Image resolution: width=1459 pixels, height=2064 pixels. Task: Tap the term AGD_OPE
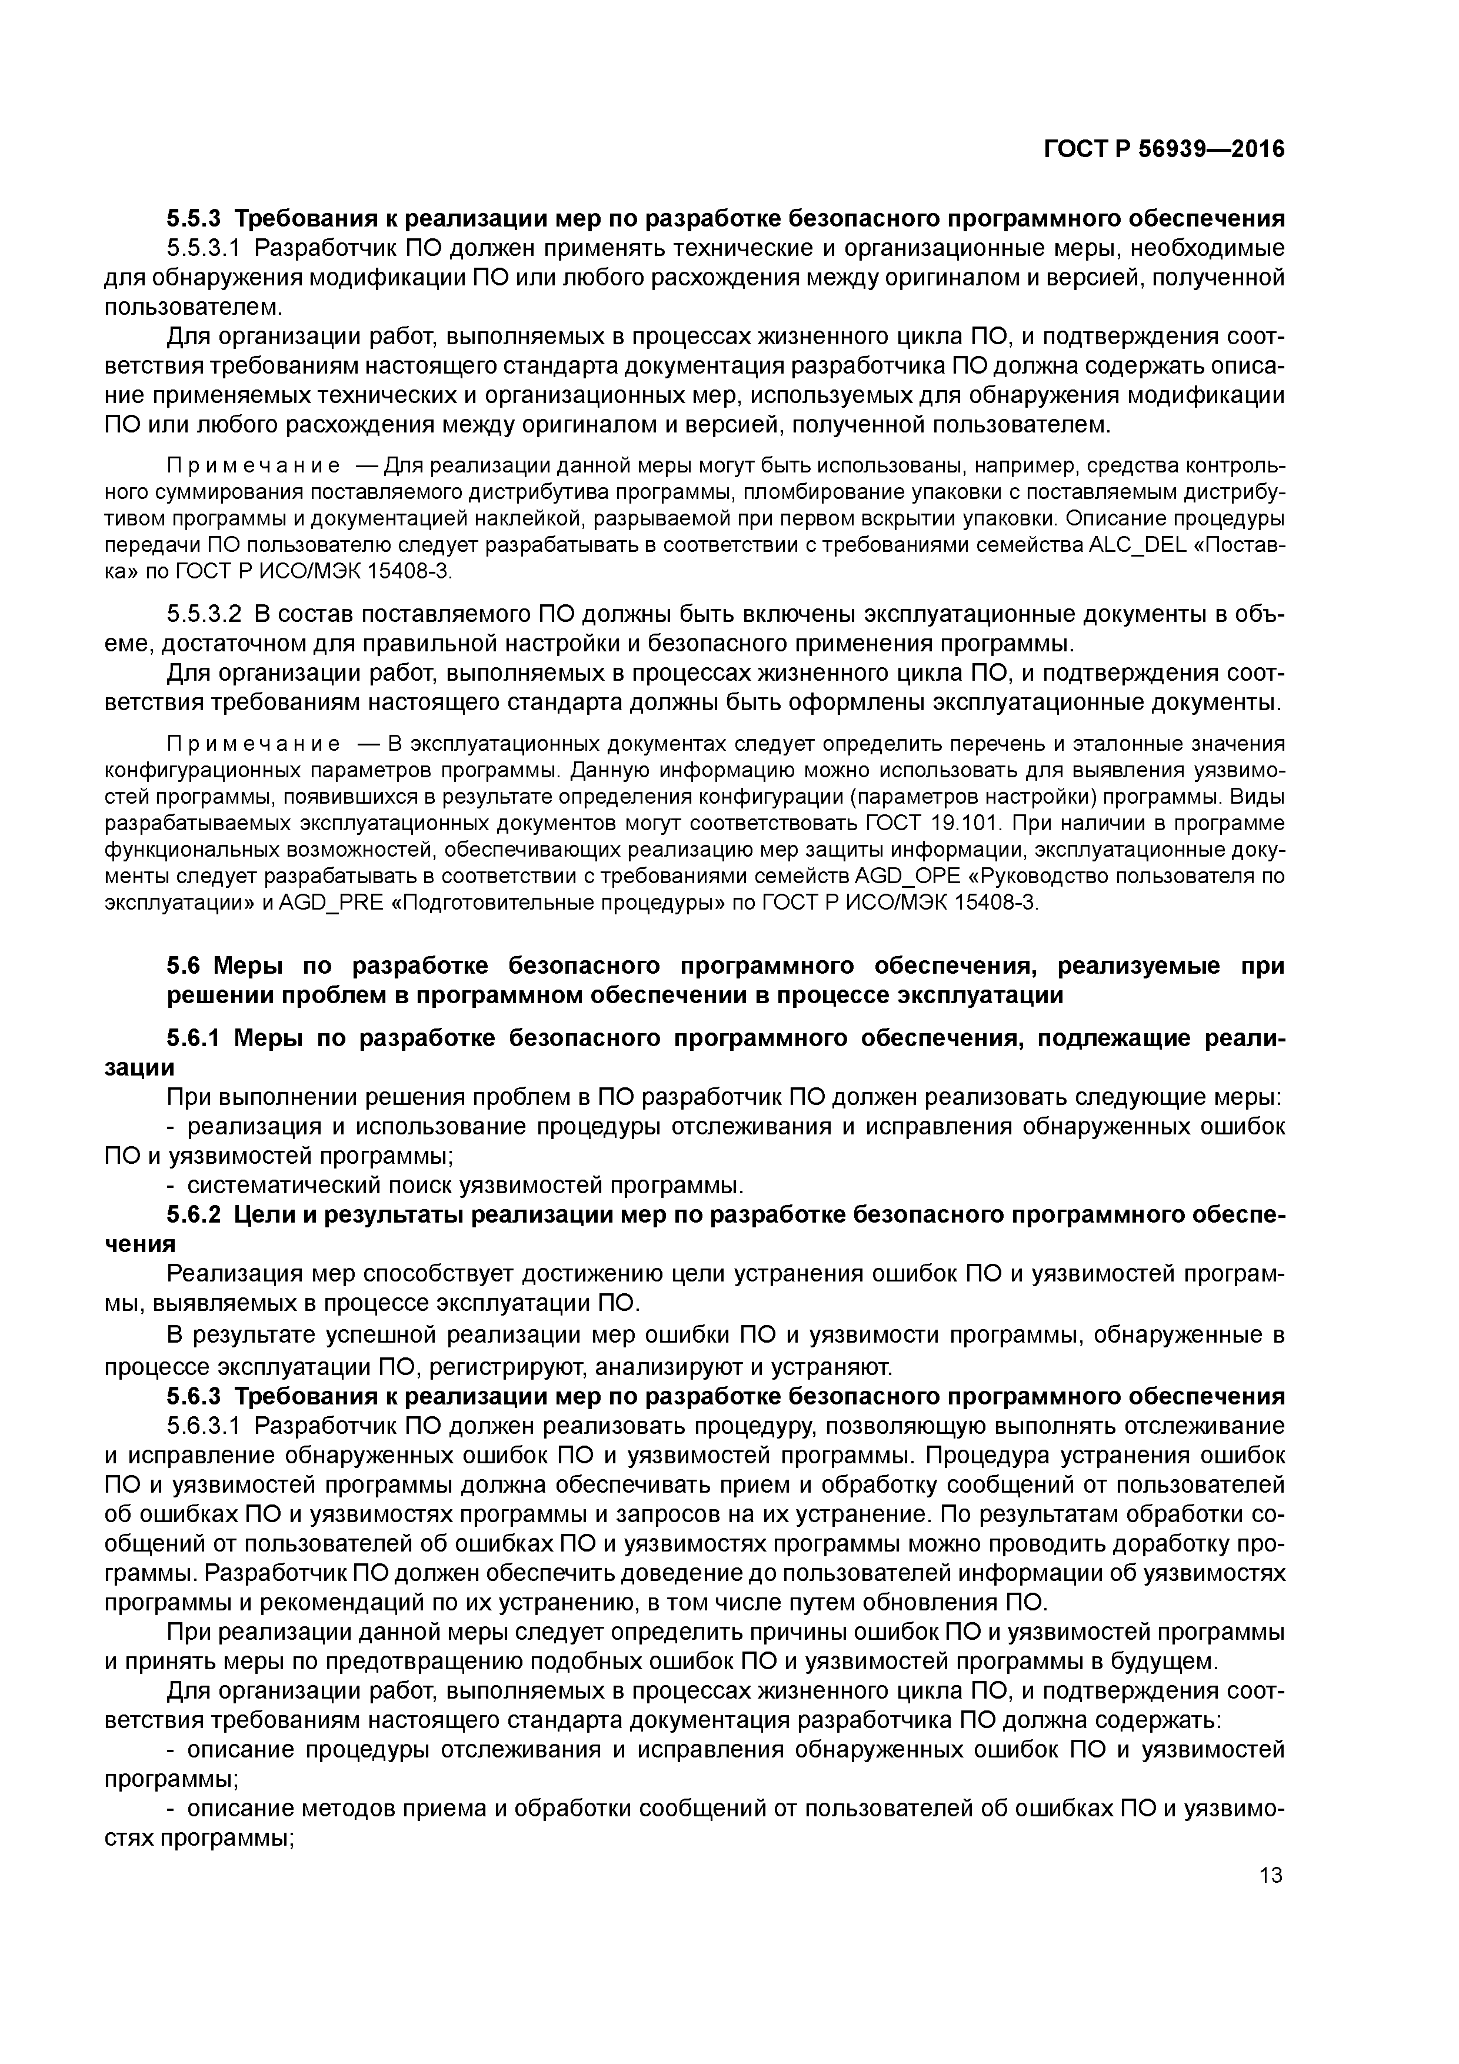(x=899, y=875)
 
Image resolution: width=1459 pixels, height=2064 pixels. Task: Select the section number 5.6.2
(x=194, y=1214)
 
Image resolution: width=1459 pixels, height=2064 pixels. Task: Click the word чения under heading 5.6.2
(x=139, y=1244)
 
